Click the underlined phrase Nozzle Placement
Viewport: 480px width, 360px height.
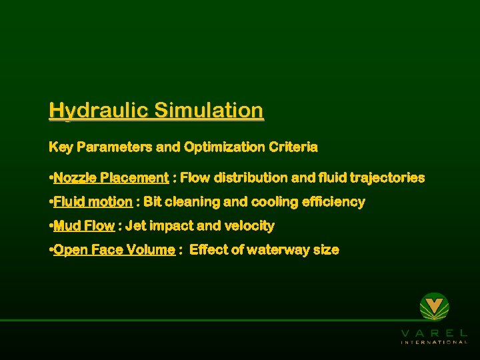[111, 178]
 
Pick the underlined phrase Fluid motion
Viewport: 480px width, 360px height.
[93, 202]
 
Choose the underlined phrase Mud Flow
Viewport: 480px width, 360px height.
[84, 226]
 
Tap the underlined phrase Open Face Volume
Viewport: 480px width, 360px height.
[114, 250]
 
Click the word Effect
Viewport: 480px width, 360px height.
[209, 250]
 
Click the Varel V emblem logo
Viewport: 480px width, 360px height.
[434, 307]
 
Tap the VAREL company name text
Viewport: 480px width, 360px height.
[434, 332]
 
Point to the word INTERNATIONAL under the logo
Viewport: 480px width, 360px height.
[434, 342]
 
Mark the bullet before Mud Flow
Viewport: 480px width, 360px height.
[51, 226]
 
